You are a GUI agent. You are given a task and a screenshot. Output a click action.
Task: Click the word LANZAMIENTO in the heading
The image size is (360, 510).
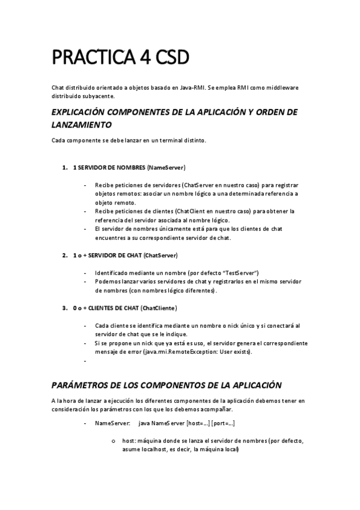pyautogui.click(x=81, y=125)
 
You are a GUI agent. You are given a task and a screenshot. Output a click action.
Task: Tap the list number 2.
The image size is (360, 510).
pyautogui.click(x=64, y=256)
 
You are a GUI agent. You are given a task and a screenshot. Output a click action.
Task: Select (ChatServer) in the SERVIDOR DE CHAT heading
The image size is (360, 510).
pyautogui.click(x=161, y=256)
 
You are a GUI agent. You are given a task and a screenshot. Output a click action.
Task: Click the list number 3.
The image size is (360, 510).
pyautogui.click(x=64, y=309)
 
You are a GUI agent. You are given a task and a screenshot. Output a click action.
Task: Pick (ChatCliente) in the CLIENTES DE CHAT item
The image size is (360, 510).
pyautogui.click(x=159, y=309)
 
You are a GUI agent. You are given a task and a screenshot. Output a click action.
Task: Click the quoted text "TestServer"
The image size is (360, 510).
pyautogui.click(x=242, y=272)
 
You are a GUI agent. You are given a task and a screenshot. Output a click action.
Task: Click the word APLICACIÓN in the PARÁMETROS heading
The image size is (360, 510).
pyautogui.click(x=246, y=384)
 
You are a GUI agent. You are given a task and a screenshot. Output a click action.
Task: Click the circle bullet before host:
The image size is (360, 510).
pyautogui.click(x=113, y=441)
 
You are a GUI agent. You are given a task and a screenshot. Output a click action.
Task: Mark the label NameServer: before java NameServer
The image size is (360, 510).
pyautogui.click(x=108, y=424)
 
